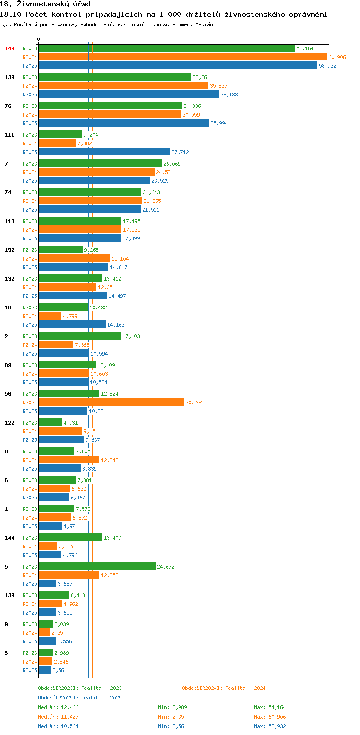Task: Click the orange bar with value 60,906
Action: coord(183,57)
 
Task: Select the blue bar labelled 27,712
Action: coord(104,152)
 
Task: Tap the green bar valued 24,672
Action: coord(97,566)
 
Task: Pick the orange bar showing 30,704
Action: coord(111,402)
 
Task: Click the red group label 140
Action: coord(10,48)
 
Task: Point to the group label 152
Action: coord(10,250)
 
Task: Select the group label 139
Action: coord(10,595)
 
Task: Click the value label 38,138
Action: coord(229,95)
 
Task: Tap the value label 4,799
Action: coord(70,316)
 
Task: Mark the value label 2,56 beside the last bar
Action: coord(58,670)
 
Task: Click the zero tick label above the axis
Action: coord(39,39)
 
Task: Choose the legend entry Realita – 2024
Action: coord(224,688)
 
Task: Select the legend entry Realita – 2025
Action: coord(80,698)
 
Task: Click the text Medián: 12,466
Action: coord(58,707)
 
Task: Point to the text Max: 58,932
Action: coord(270,726)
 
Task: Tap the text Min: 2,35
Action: coord(171,717)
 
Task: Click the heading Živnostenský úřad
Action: coord(54,4)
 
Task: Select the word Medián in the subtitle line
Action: coord(204,24)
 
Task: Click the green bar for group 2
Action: coord(80,336)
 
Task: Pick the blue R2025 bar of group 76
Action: coord(124,123)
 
